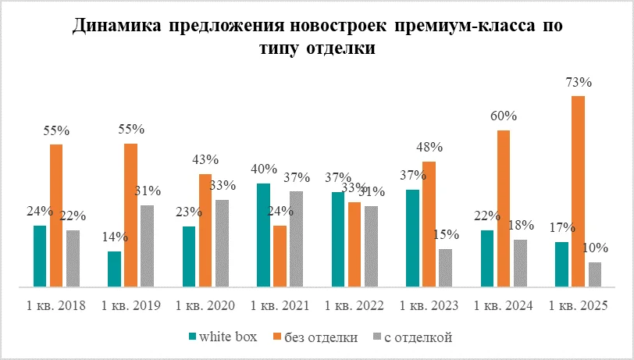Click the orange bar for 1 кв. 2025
pos(578,191)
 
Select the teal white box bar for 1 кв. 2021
pos(263,235)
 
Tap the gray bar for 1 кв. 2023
pos(445,268)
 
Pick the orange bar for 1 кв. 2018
pos(56,216)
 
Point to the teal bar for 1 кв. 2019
pos(114,269)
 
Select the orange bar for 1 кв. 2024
pos(504,209)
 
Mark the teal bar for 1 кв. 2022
pos(338,239)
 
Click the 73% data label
pos(579,82)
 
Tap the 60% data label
pos(504,116)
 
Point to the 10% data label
pos(597,248)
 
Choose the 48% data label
pos(429,147)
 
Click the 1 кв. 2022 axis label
pos(354,305)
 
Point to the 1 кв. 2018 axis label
pos(55,305)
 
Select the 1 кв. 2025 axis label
pos(578,305)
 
